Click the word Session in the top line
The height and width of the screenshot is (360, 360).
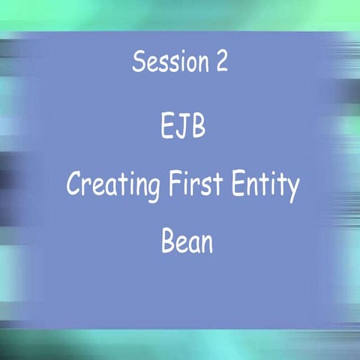coord(168,61)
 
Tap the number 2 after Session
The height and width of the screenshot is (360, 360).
coord(220,61)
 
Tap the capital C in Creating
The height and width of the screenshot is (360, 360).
coord(76,184)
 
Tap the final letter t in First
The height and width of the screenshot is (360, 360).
coord(223,184)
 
